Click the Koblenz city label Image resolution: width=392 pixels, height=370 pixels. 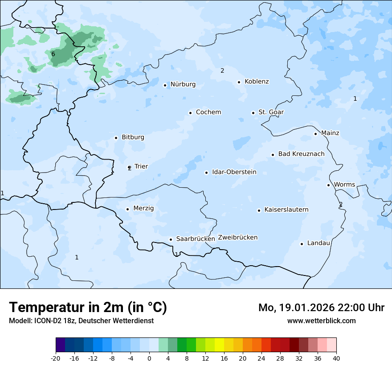tap(257, 82)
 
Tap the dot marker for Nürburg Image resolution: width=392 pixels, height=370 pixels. tap(165, 85)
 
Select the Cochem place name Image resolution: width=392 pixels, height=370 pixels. tap(208, 112)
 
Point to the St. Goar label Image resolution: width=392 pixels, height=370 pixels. tap(271, 112)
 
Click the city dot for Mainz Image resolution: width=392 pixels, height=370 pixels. tap(315, 134)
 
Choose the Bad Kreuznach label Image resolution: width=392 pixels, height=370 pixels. tap(301, 154)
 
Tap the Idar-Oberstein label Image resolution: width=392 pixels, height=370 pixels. tap(234, 172)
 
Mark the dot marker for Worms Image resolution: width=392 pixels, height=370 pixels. tap(328, 185)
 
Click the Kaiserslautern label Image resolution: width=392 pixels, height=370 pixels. tap(286, 210)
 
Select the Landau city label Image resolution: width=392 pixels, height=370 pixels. tap(318, 243)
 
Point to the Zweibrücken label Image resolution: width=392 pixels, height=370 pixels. tap(237, 238)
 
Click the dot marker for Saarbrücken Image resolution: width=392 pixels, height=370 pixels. tap(171, 239)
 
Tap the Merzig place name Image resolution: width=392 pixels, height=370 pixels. tap(143, 209)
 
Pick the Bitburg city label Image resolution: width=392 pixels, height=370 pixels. tap(133, 137)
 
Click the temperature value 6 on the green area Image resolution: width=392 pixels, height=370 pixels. tap(53, 54)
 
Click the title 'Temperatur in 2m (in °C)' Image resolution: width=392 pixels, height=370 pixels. tap(88, 308)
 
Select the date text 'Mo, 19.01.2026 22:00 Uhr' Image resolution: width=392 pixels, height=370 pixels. tap(321, 308)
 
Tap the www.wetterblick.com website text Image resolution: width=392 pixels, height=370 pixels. tap(321, 321)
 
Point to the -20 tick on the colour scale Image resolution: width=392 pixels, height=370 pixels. tap(56, 358)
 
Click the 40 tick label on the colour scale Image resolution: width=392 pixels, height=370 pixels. tap(336, 358)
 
